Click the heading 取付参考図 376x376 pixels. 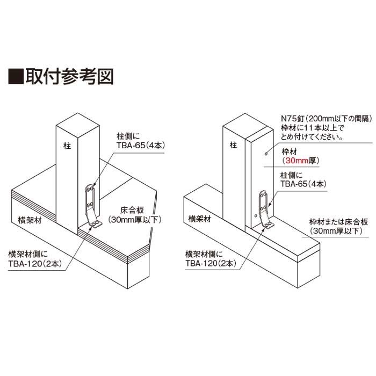69,77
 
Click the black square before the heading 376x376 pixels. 16,77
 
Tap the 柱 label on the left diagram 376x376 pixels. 67,146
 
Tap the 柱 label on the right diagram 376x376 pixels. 233,145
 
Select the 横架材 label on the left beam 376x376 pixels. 30,220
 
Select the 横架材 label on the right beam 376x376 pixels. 200,219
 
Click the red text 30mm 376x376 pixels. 297,161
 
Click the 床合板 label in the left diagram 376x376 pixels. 132,211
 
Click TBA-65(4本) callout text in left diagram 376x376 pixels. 141,146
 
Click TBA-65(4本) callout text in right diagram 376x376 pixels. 303,184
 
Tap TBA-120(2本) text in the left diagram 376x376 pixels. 35,264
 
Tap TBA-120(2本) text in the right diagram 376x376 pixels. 211,263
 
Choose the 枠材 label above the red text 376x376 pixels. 290,151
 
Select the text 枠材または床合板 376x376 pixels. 338,222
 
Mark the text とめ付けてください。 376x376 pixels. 312,137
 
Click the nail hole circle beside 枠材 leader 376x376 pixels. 266,154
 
